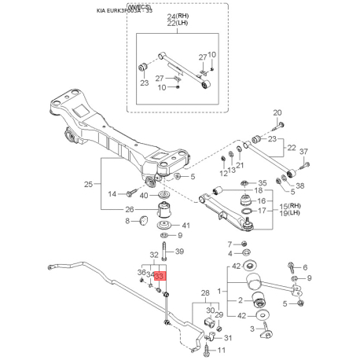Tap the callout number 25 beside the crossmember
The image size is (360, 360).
pos(89,184)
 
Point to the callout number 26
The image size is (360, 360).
pos(130,209)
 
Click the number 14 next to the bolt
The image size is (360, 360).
pos(112,193)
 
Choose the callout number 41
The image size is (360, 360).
pos(186,225)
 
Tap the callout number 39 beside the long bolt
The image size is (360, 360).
pos(179,252)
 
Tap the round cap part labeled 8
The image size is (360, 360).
pos(143,222)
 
